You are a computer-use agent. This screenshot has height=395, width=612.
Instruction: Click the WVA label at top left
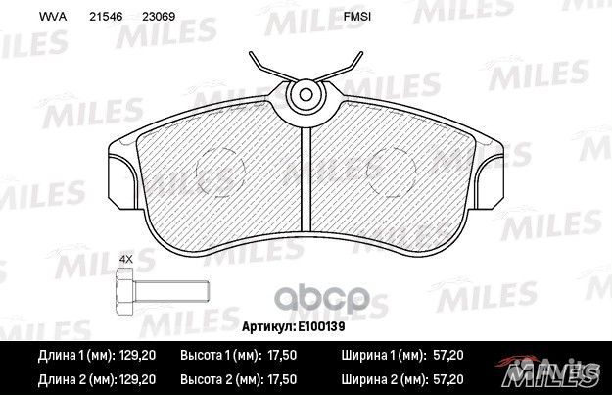click(x=24, y=17)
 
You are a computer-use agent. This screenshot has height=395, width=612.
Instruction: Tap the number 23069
click(x=158, y=17)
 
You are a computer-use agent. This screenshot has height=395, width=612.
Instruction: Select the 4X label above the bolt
click(x=124, y=260)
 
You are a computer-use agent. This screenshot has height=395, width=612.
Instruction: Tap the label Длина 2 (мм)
click(x=71, y=376)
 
